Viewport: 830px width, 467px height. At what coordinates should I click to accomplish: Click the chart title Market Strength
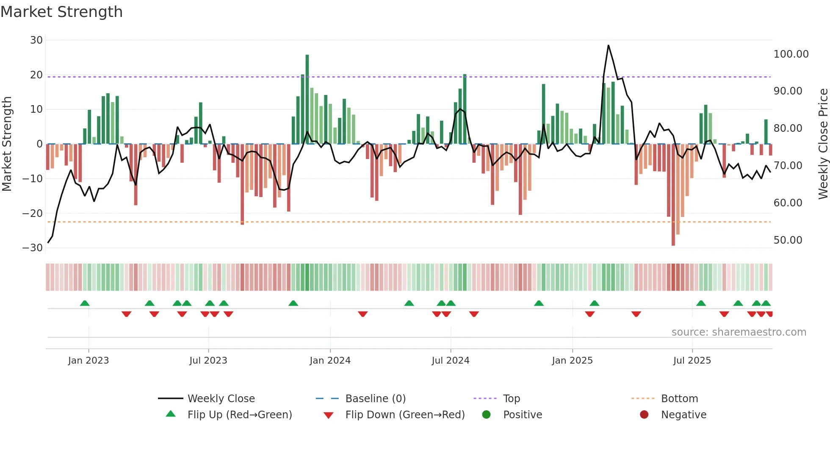tap(61, 12)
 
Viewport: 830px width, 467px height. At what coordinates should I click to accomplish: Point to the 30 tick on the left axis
tap(36, 40)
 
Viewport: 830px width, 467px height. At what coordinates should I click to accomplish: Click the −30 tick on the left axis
tap(33, 248)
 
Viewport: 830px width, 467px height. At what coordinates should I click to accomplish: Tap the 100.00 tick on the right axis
tap(791, 54)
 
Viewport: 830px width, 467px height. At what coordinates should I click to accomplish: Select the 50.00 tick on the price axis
tap(788, 240)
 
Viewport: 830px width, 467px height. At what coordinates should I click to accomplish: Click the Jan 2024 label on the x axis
tap(330, 361)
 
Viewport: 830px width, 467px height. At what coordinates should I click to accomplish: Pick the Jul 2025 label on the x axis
tap(692, 361)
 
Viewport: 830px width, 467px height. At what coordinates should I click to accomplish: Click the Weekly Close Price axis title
tap(823, 144)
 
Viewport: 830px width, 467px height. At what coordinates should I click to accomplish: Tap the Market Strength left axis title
tap(7, 144)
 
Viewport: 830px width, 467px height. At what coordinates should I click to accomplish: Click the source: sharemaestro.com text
tap(739, 332)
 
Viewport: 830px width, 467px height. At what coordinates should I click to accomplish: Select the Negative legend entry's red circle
tap(644, 415)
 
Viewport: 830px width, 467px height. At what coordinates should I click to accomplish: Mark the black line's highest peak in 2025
tap(609, 45)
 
